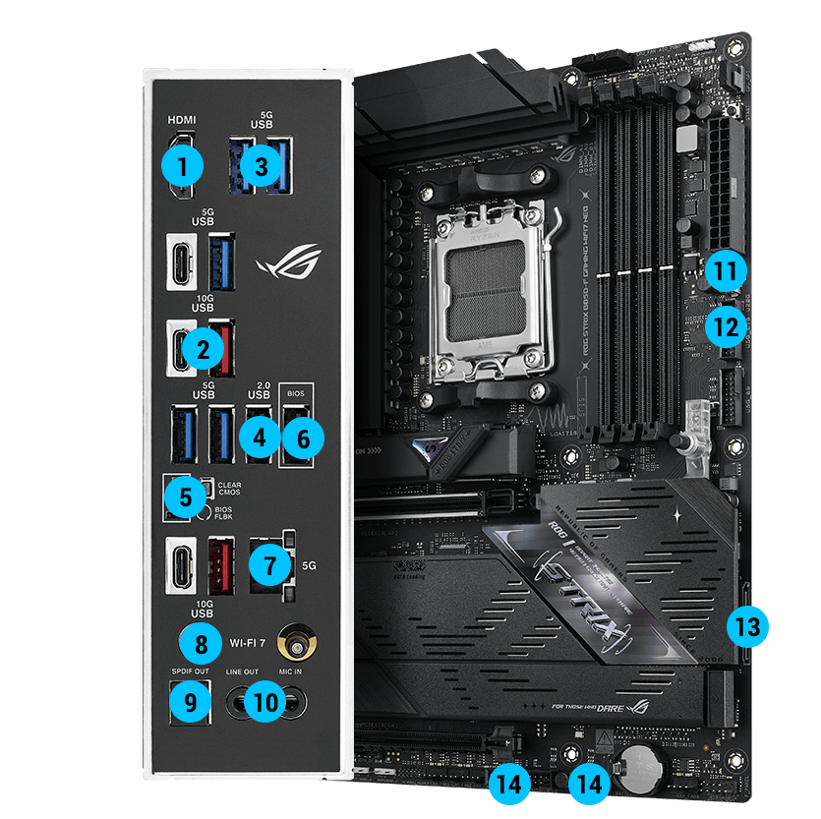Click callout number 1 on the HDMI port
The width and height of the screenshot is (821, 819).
(183, 166)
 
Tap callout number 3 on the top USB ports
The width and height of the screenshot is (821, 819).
(261, 166)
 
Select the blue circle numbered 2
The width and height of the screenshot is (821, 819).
(203, 347)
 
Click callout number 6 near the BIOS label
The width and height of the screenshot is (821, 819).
(303, 438)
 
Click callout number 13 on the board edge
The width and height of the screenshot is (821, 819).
(748, 625)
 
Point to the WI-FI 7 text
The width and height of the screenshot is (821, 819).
(251, 644)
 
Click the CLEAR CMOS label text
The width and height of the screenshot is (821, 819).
(228, 486)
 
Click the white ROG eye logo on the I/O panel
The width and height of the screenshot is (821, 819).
(288, 262)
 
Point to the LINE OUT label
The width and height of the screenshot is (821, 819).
(242, 672)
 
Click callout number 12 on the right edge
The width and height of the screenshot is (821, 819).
(726, 325)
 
